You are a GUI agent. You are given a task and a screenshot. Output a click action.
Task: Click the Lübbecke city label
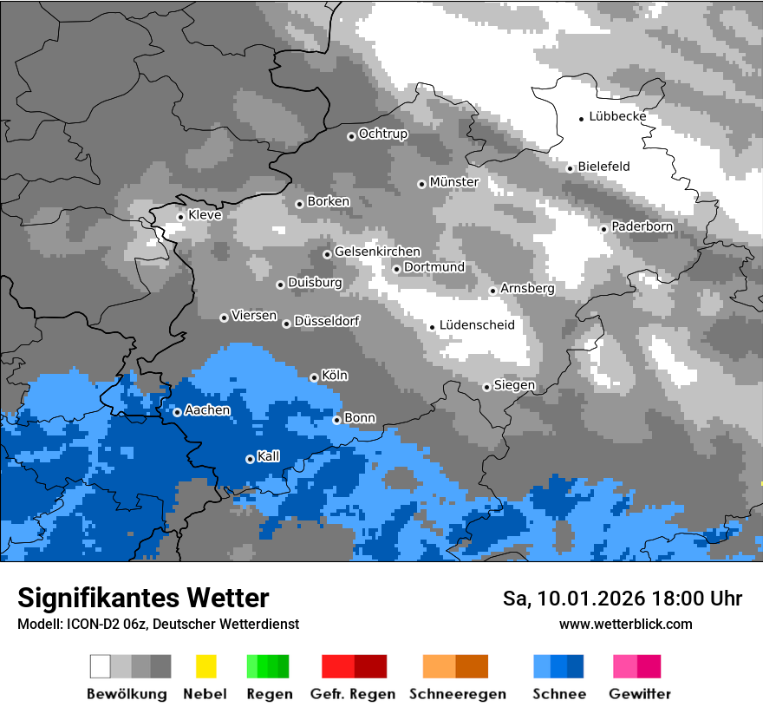pos(617,116)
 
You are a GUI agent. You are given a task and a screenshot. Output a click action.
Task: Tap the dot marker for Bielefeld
pos(571,168)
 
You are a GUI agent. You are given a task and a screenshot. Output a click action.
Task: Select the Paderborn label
pos(642,226)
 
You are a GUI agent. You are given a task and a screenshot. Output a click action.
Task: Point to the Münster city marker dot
pos(422,184)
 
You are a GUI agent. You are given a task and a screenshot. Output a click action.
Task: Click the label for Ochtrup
pos(382,134)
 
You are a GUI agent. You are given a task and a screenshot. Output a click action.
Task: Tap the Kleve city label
pos(205,215)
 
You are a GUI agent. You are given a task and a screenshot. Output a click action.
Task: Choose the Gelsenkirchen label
pos(377,252)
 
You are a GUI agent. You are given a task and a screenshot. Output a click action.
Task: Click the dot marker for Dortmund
pos(397,269)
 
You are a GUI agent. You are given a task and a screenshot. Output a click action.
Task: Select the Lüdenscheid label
pos(477,325)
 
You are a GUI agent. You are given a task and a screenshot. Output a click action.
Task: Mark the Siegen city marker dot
pos(487,387)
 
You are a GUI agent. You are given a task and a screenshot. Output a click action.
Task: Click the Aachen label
pos(207,410)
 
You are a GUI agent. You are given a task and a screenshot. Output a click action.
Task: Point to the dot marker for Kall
pos(251,459)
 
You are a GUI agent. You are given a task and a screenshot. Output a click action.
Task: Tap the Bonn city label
pos(360,418)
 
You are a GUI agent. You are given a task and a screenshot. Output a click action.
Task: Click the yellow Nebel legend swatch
pos(205,666)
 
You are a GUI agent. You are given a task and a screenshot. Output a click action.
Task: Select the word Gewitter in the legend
pos(640,694)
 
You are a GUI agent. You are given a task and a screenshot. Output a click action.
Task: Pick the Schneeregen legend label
pos(458,694)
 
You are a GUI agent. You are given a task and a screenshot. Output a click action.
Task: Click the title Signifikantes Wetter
pos(143,598)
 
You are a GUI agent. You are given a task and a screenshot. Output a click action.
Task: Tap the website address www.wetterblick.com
pos(626,624)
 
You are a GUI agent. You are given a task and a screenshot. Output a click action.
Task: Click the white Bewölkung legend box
pos(101,666)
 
